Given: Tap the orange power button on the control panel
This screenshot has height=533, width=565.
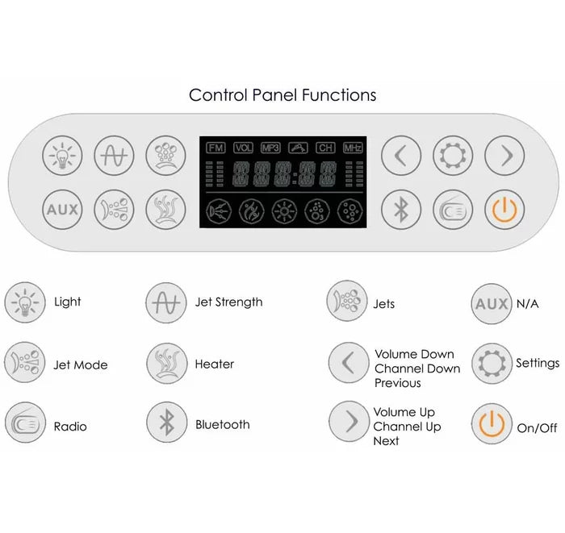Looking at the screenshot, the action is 504,210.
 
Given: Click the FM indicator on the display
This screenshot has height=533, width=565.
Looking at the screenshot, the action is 216,148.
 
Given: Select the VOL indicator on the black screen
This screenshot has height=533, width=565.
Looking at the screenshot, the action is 243,148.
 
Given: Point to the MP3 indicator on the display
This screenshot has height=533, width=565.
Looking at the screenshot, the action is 270,148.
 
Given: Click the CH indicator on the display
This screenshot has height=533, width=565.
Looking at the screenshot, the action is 325,148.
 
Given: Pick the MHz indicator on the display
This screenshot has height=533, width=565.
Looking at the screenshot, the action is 353,148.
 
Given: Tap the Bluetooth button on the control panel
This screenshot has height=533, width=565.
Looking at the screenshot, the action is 401,210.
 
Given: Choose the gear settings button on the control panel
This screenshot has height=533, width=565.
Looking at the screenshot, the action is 453,156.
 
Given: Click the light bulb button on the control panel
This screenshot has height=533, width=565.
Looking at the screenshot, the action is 62,156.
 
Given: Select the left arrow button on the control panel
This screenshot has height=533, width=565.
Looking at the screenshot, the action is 401,156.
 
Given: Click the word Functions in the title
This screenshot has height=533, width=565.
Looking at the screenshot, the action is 339,95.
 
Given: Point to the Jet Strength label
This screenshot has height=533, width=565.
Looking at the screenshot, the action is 228,302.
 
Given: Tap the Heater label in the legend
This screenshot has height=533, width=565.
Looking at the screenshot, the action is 215,364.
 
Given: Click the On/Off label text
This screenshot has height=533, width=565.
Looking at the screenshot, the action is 537,428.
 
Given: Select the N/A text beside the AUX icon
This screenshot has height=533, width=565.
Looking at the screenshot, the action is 528,304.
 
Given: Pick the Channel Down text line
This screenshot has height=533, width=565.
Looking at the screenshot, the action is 417,369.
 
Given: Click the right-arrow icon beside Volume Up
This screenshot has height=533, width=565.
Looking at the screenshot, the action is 349,422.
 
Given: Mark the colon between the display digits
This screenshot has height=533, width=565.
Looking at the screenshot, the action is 295,178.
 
